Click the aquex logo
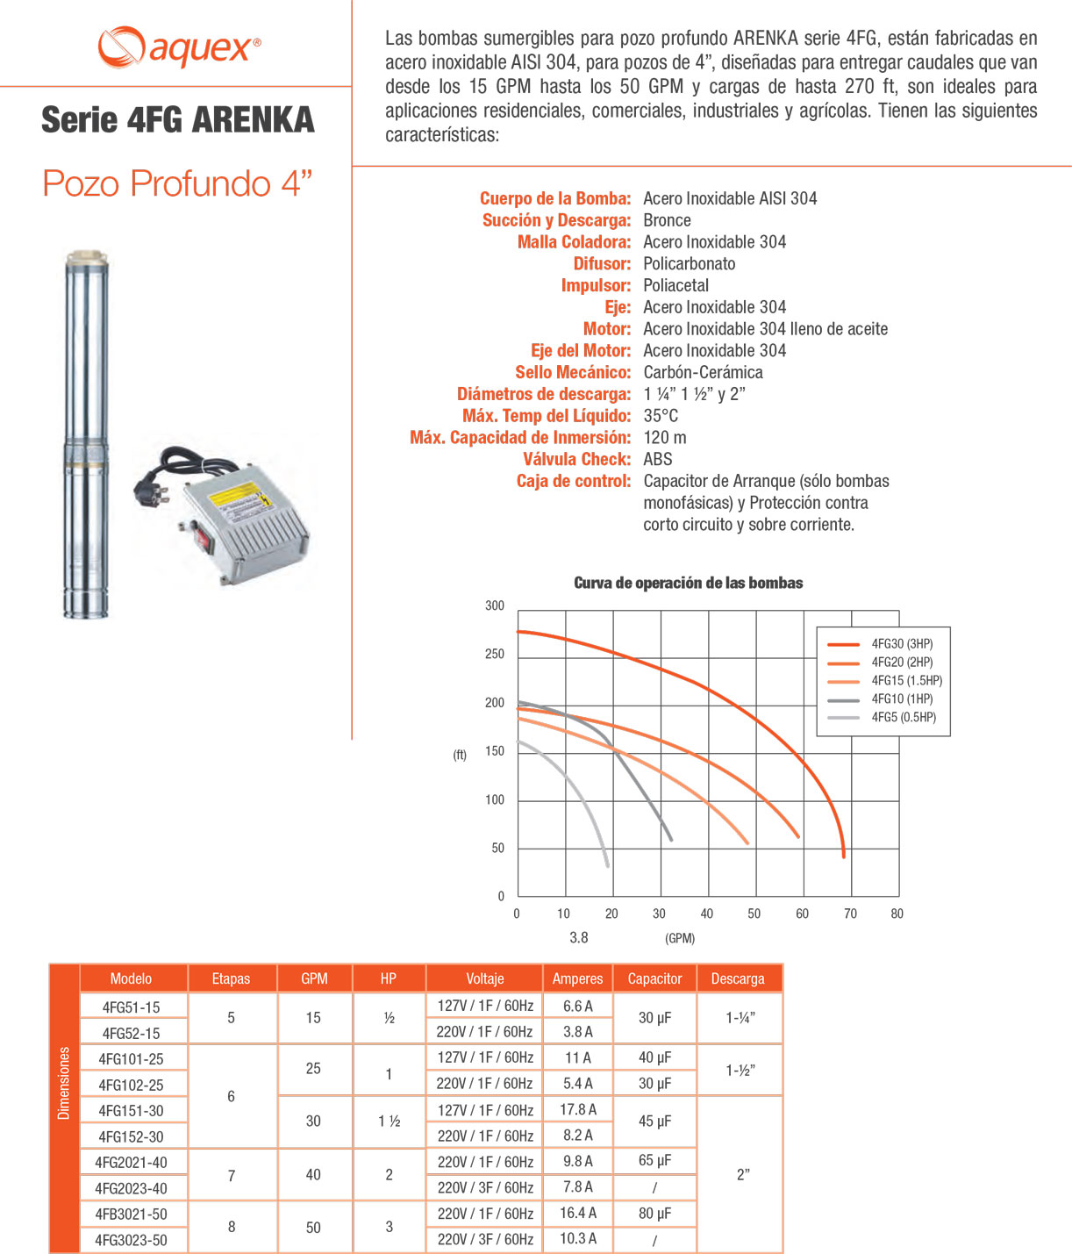click(x=179, y=47)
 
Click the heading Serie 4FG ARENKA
click(x=178, y=120)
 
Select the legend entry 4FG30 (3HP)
click(x=902, y=644)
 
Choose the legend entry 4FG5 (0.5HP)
click(x=904, y=718)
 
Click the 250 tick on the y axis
click(x=495, y=655)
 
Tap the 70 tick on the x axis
click(x=850, y=914)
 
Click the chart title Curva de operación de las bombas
click(x=688, y=584)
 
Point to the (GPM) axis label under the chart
click(x=680, y=938)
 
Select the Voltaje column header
click(x=484, y=978)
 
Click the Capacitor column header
click(x=654, y=978)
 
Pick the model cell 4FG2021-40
click(x=132, y=1163)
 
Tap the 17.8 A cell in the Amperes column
click(x=578, y=1110)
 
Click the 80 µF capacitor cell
click(x=654, y=1214)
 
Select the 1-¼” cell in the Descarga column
click(x=740, y=1018)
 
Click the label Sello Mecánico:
click(x=573, y=372)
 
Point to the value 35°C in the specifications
click(x=661, y=416)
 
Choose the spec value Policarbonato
click(x=690, y=263)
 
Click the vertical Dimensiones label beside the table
click(x=64, y=1083)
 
